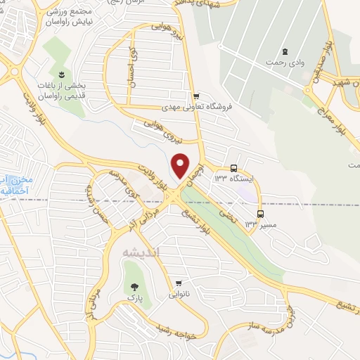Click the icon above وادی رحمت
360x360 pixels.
point(285,51)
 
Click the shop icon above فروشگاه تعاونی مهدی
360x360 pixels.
point(197,96)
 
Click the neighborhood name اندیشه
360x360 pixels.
point(141,252)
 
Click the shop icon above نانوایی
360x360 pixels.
point(179,284)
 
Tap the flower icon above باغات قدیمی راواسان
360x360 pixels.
point(62,75)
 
